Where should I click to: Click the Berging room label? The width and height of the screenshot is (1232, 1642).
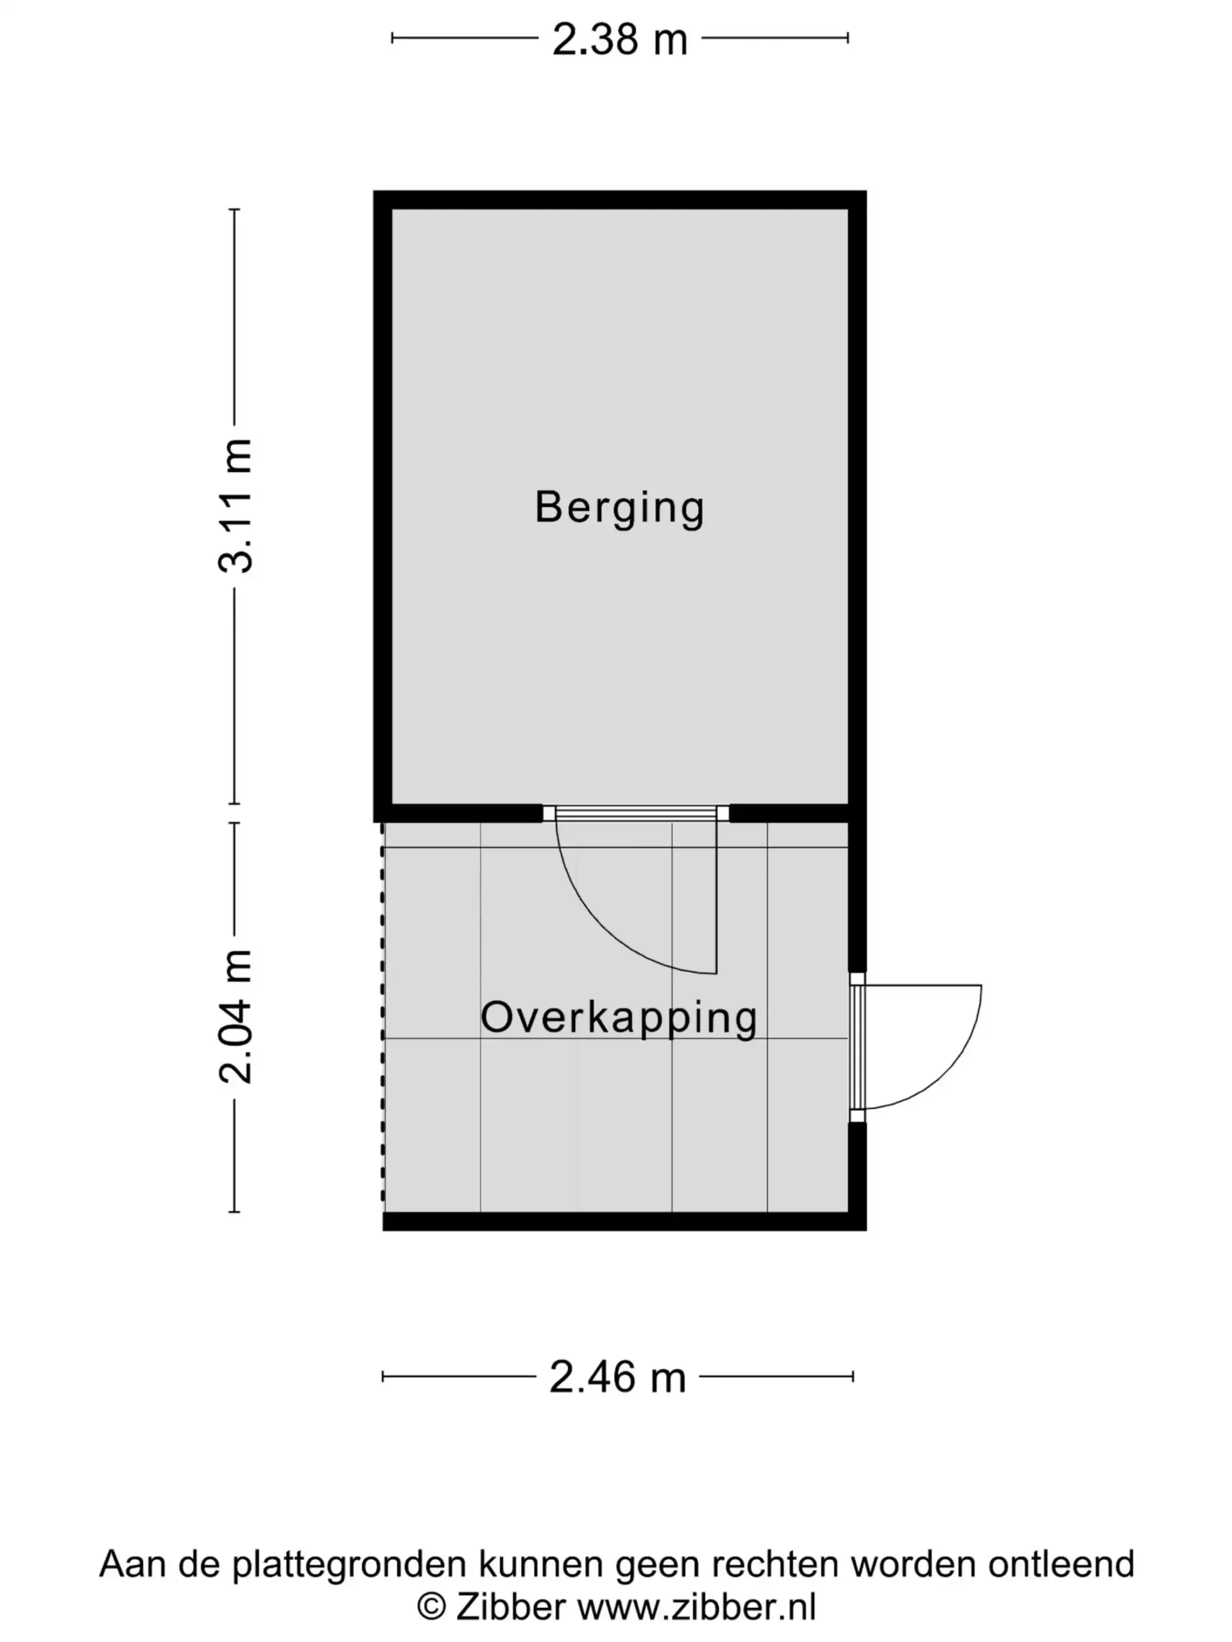pos(619,509)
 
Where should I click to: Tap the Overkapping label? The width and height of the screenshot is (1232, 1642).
pos(619,1019)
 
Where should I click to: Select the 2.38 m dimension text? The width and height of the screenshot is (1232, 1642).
pos(619,39)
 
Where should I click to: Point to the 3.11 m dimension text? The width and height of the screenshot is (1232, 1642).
pos(235,505)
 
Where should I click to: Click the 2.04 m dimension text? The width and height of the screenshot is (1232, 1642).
pos(235,1017)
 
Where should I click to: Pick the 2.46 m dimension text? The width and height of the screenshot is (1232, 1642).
pos(617,1378)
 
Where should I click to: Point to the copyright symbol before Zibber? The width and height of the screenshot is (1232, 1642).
pos(431,1607)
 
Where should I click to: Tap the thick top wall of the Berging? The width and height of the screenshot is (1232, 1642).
pos(619,199)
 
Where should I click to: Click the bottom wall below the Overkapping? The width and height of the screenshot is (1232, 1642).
pos(624,1221)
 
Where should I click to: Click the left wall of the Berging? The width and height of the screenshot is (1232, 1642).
pos(382,506)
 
